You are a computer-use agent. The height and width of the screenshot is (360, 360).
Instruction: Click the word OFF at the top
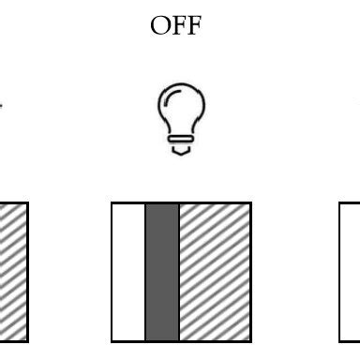[x=175, y=25]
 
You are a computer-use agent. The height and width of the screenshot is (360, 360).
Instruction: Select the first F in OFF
[x=177, y=25]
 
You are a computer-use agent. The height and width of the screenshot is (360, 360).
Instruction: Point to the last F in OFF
[x=191, y=25]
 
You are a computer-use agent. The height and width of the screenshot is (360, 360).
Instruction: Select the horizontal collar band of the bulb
[x=181, y=139]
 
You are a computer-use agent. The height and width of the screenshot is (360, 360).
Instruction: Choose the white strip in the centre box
[x=129, y=272]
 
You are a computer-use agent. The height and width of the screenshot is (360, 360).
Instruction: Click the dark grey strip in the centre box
[x=162, y=272]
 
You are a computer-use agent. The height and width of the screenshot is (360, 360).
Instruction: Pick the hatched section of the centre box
[x=214, y=272]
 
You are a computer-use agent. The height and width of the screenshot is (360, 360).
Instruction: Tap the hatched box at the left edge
[x=12, y=272]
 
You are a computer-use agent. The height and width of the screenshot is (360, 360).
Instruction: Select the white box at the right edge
[x=351, y=272]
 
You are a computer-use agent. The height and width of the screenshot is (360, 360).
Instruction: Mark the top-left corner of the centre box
[x=112, y=203]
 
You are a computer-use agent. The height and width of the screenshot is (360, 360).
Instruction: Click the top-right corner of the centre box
[x=250, y=203]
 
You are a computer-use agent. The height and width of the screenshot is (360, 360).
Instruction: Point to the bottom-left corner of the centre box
[x=112, y=341]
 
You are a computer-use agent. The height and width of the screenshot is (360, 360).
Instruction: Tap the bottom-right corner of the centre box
[x=250, y=341]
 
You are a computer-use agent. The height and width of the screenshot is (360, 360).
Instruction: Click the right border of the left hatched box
[x=27, y=272]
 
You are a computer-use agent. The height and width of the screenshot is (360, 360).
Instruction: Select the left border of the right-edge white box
[x=340, y=272]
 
